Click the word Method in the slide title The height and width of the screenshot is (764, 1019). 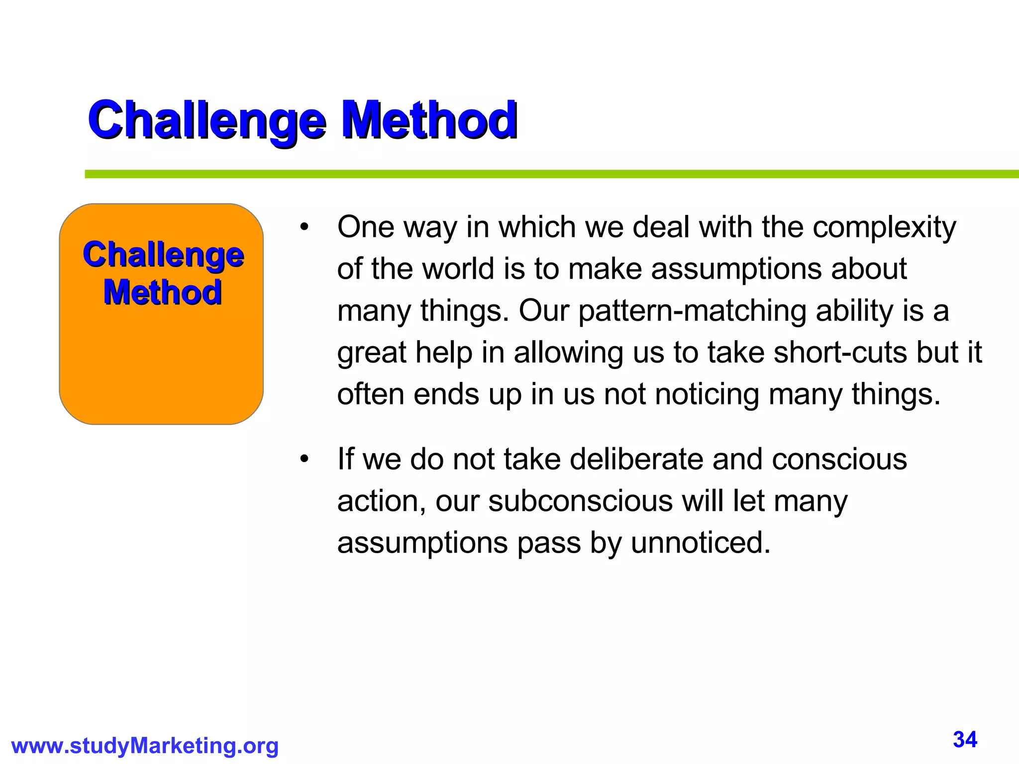[x=429, y=120]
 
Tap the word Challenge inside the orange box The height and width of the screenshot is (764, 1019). [x=163, y=255]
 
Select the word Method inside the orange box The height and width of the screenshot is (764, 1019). [x=162, y=292]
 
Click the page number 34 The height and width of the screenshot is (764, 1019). [x=965, y=740]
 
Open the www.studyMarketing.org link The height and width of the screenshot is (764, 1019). [x=145, y=746]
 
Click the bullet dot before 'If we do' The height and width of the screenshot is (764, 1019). [x=305, y=460]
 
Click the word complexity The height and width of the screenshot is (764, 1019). [x=884, y=228]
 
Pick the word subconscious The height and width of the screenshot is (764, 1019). [x=580, y=501]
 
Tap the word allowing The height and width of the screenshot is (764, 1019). [x=568, y=353]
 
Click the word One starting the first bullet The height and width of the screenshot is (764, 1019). [x=366, y=228]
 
